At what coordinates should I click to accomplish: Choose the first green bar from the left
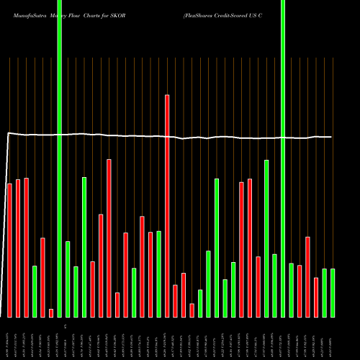coord(35,291)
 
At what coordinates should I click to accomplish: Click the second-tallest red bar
coord(109,238)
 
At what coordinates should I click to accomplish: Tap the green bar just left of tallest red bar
coord(158,274)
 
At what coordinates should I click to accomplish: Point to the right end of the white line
coord(331,137)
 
